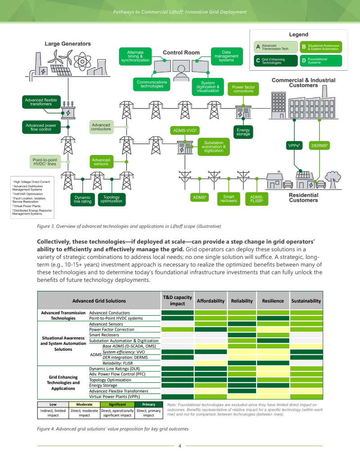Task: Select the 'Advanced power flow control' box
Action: coord(41,127)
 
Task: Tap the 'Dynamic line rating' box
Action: coord(82,199)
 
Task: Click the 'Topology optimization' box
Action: coord(111,199)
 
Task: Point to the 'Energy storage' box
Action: coord(243,131)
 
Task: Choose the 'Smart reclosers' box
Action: coord(229,199)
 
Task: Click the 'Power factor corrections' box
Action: coord(243,89)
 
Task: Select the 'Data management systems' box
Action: coord(226,56)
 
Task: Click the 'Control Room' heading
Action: coord(181,53)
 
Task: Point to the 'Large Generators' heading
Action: coord(67,44)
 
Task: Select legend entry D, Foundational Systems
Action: coord(320,60)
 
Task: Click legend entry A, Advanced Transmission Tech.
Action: coord(276,47)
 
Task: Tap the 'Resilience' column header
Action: coord(272,301)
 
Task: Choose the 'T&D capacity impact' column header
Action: coord(177,301)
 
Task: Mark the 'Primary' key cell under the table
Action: coord(148,404)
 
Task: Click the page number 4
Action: coord(180,446)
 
